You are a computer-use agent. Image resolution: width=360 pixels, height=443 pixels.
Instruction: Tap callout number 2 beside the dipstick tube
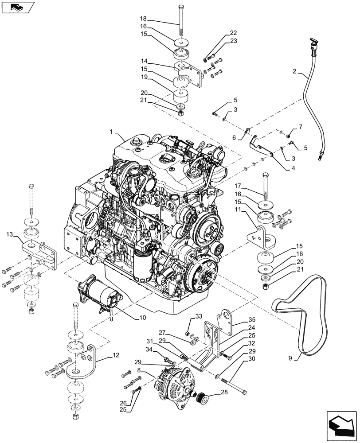click(x=294, y=71)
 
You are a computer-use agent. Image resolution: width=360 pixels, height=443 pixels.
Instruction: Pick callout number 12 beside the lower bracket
click(x=116, y=356)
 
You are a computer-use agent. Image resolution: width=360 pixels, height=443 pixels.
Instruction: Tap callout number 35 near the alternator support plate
click(x=252, y=319)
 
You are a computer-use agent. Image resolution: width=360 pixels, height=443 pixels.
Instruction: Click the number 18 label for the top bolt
click(x=143, y=19)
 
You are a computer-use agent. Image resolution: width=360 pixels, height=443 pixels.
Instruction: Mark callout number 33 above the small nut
click(x=198, y=316)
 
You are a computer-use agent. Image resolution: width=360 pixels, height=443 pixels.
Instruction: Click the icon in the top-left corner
click(x=17, y=7)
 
